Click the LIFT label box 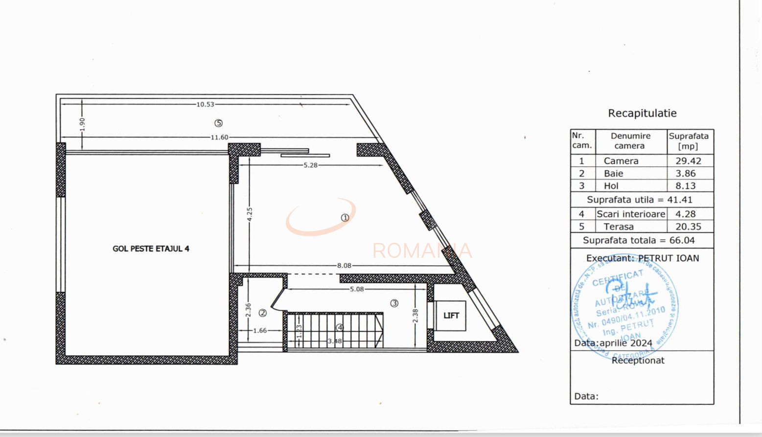tap(451, 316)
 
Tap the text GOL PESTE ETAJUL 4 tap(151, 249)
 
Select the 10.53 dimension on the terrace tap(206, 104)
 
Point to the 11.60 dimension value tap(219, 138)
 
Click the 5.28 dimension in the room tap(310, 165)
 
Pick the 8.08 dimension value tap(344, 266)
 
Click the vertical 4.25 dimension tap(250, 214)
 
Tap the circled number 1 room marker tap(345, 218)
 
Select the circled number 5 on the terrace tap(218, 123)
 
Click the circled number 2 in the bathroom tap(263, 313)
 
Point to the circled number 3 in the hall tap(394, 303)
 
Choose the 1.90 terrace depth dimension tap(82, 124)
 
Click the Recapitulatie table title tap(642, 114)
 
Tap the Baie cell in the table tap(613, 174)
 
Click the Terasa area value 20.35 tap(688, 227)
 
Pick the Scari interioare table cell tap(630, 214)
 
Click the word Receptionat tap(638, 361)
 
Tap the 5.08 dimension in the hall tap(357, 289)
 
